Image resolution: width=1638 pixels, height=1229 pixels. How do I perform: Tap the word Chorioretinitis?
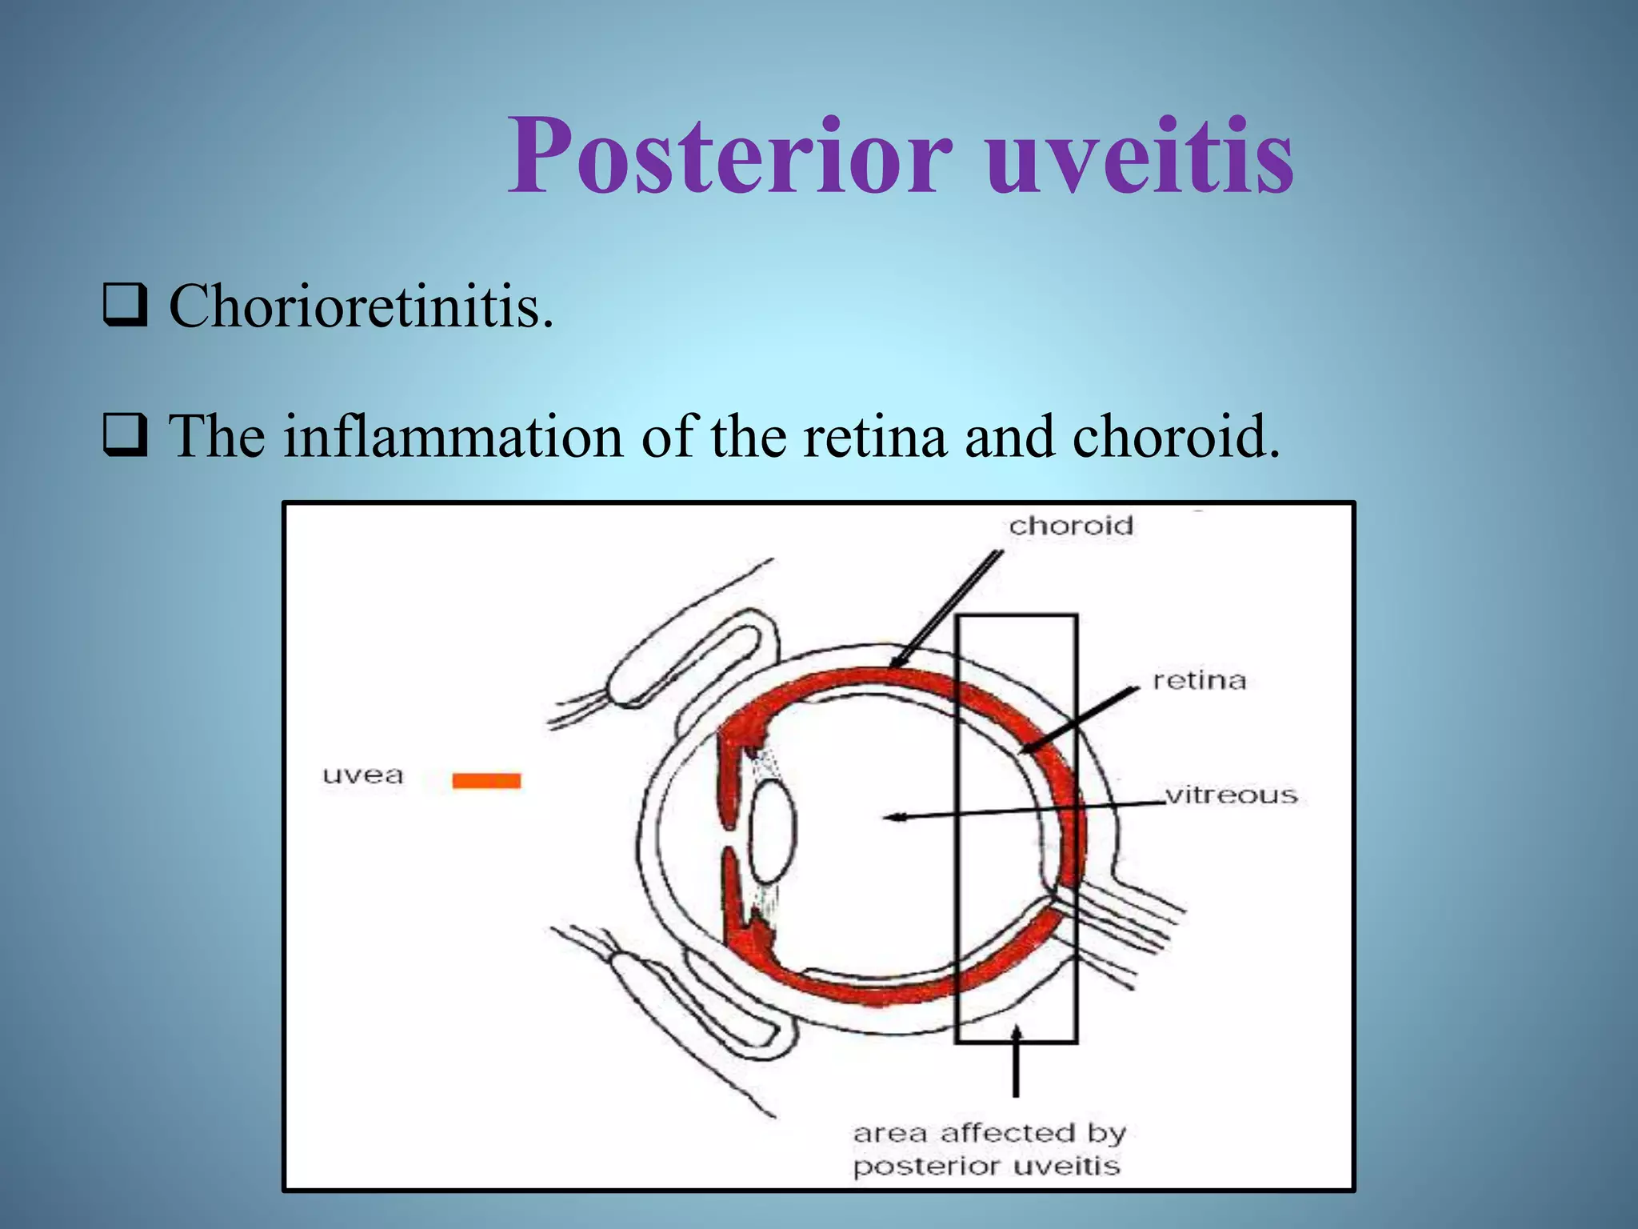[360, 306]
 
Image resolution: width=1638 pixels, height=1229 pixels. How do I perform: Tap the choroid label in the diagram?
[1071, 526]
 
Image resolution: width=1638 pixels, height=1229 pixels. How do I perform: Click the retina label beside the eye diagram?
[1199, 681]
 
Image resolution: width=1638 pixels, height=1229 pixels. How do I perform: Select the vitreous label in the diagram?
[1230, 795]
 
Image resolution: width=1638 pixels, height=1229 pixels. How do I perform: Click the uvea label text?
[362, 775]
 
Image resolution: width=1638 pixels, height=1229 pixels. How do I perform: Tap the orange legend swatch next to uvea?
[486, 780]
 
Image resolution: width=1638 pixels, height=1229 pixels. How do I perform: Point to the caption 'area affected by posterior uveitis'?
[989, 1149]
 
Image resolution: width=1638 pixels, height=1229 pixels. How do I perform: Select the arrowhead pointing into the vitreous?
[894, 817]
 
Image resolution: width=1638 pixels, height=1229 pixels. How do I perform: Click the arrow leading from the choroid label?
[948, 608]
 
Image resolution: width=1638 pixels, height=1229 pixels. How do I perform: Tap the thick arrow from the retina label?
[1080, 719]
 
